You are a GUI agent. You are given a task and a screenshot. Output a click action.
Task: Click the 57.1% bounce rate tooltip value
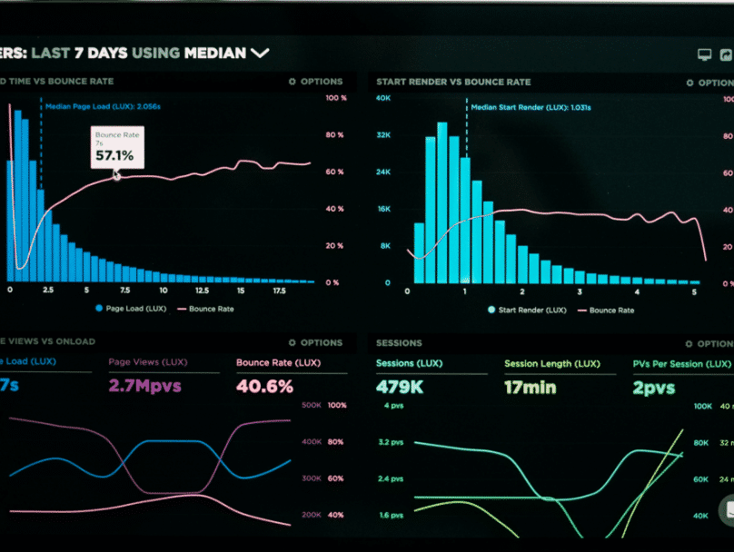point(115,156)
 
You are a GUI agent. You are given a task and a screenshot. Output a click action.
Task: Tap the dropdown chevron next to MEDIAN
point(260,53)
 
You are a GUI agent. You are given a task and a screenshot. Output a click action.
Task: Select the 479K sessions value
point(400,387)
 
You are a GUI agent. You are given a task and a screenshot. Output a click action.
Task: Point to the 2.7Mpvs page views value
point(144,386)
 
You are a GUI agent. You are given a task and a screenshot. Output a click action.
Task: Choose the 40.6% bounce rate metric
point(264,386)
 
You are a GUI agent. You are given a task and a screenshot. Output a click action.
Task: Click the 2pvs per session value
point(654,387)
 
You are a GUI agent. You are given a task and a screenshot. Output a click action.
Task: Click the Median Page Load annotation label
point(104,106)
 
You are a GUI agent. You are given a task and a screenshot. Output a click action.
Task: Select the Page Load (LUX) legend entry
point(132,309)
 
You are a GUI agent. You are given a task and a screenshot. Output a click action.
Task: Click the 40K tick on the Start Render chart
point(383,97)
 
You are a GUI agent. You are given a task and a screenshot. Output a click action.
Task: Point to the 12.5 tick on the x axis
point(202,291)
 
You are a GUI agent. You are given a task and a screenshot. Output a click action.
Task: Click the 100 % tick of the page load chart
point(335,97)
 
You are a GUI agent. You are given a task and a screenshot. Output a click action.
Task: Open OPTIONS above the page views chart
point(315,343)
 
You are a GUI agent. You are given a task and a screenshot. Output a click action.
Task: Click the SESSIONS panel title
point(399,343)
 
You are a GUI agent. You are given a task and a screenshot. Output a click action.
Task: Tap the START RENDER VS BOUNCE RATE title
point(453,82)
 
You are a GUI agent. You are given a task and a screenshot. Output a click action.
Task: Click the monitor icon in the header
point(704,54)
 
